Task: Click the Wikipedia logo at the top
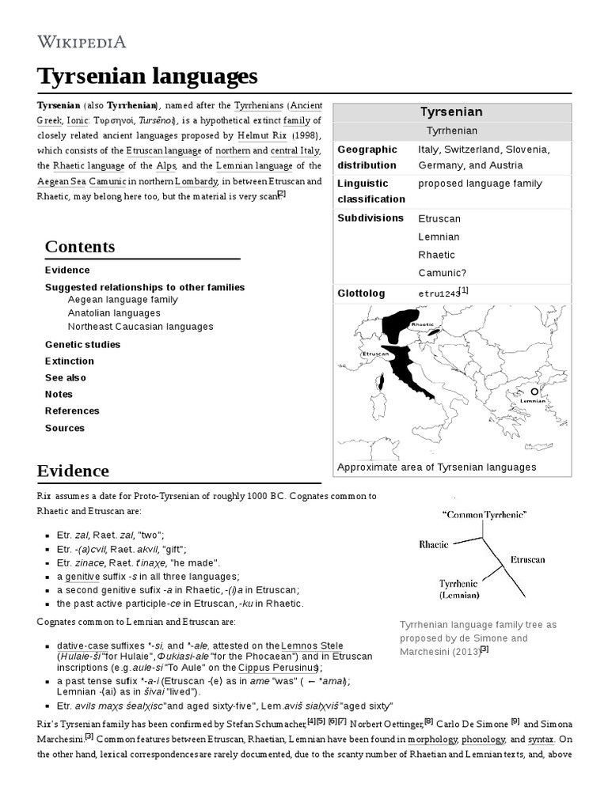click(82, 41)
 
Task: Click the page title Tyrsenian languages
click(147, 77)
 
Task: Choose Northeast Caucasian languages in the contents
click(140, 327)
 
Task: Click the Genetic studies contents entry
click(82, 344)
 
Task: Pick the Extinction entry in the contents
click(70, 361)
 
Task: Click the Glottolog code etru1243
click(439, 293)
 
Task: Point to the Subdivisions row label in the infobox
click(370, 218)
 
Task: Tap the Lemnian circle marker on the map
click(534, 392)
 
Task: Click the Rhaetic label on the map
click(422, 324)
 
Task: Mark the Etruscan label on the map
click(375, 354)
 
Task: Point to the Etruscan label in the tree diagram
click(527, 559)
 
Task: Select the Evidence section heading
click(73, 471)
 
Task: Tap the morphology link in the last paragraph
click(432, 739)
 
